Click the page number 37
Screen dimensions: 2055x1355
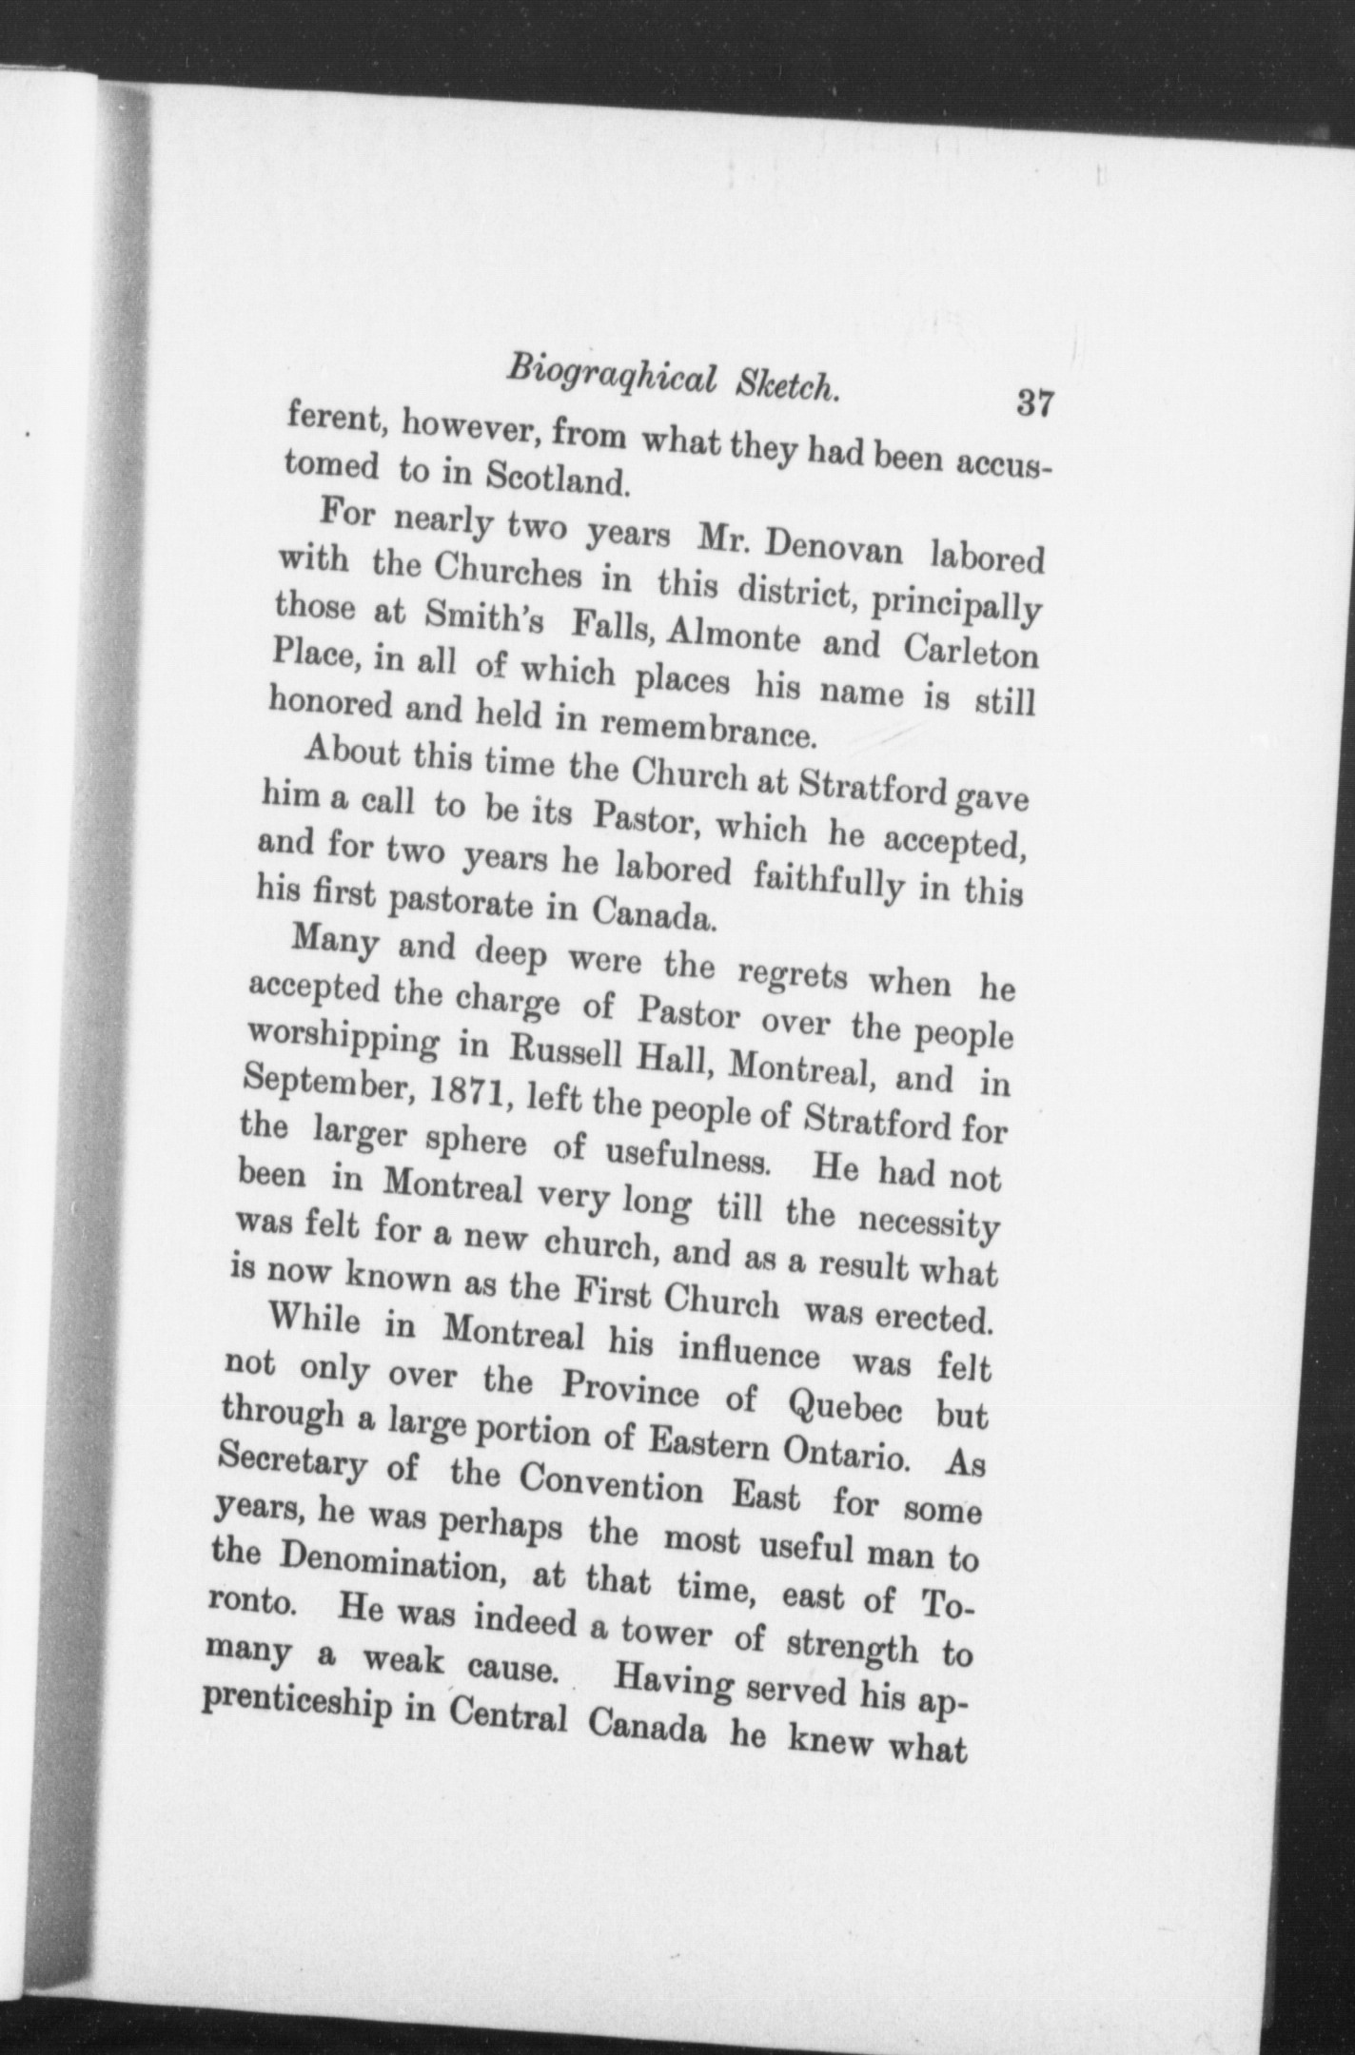[x=1032, y=403]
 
